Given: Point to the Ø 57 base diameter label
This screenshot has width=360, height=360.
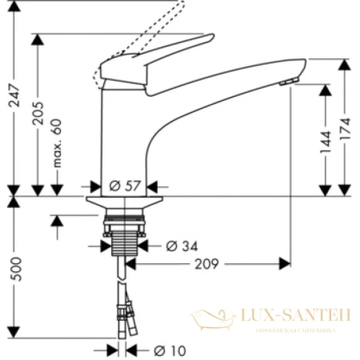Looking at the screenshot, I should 124,186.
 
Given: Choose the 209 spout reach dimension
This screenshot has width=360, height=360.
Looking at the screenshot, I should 206,262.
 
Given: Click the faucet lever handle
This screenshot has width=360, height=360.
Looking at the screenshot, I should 160,56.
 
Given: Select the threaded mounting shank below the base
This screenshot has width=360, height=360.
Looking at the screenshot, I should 124,236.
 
